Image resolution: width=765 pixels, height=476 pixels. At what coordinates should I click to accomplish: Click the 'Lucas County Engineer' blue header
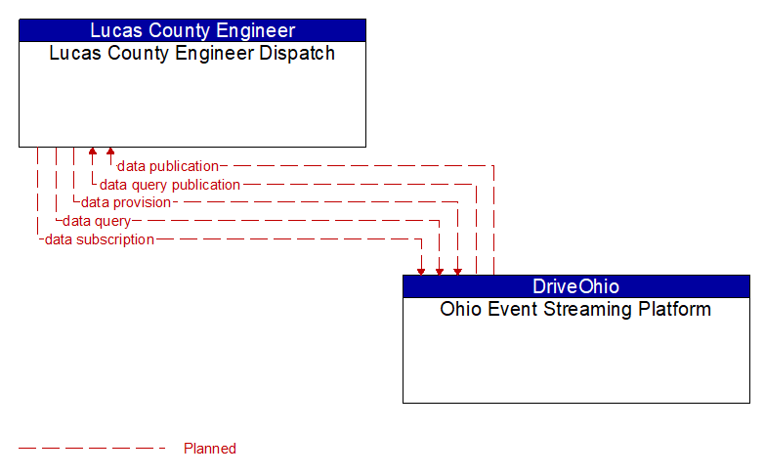(x=191, y=30)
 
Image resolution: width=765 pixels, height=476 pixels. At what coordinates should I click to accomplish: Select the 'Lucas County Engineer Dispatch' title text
(x=191, y=53)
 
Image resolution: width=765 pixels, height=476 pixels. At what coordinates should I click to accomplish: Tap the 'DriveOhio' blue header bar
(x=575, y=286)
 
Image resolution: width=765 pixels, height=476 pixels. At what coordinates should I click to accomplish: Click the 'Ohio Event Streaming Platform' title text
(x=575, y=310)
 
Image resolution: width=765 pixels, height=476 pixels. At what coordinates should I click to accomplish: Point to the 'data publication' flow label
(x=167, y=166)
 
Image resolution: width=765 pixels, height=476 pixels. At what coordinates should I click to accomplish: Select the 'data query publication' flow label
(x=170, y=185)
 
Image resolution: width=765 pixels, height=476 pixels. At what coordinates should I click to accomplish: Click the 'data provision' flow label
(x=126, y=202)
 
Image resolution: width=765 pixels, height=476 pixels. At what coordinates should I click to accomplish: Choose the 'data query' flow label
(x=97, y=221)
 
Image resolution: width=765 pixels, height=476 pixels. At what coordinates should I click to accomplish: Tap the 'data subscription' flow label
(x=100, y=239)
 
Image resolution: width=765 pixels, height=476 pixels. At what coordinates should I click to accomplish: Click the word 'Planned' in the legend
(x=210, y=449)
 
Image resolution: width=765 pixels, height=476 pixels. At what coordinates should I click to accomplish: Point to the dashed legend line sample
(x=93, y=449)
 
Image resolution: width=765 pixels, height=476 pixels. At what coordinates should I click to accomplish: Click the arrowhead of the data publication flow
(x=110, y=152)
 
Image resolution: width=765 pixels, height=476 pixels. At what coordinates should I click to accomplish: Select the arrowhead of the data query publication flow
(x=93, y=152)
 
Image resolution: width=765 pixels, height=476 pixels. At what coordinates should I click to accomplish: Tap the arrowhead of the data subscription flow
(x=421, y=270)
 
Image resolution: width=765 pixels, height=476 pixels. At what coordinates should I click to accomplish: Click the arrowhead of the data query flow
(x=439, y=270)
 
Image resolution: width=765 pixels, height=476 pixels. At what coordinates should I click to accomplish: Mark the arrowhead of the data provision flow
(x=456, y=270)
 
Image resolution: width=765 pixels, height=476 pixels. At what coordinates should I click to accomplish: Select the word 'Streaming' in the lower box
(x=585, y=310)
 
